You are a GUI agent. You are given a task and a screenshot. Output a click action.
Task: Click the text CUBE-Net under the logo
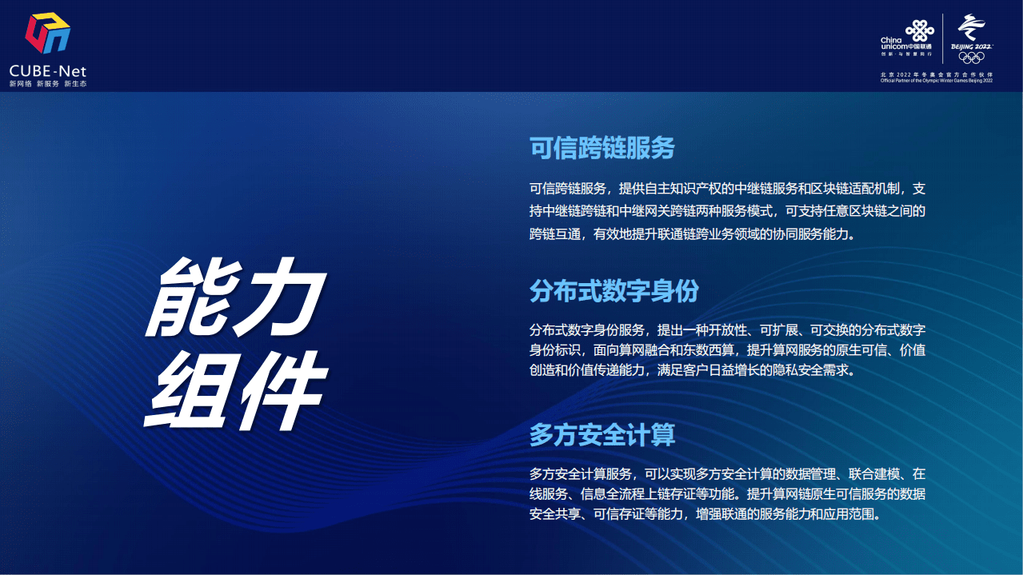click(47, 71)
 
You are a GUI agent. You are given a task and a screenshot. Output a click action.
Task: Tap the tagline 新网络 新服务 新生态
click(47, 84)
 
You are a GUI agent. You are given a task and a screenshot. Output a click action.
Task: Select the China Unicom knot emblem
click(919, 30)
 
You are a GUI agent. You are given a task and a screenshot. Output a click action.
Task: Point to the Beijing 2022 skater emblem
click(971, 28)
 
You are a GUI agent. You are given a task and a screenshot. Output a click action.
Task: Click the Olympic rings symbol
click(971, 57)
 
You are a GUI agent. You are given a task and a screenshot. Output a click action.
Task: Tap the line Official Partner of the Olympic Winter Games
click(936, 81)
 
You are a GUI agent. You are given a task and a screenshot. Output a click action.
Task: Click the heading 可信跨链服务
click(601, 148)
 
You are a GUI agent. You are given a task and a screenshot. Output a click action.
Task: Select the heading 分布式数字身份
click(613, 291)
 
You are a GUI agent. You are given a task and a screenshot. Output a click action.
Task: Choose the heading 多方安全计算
click(601, 435)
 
